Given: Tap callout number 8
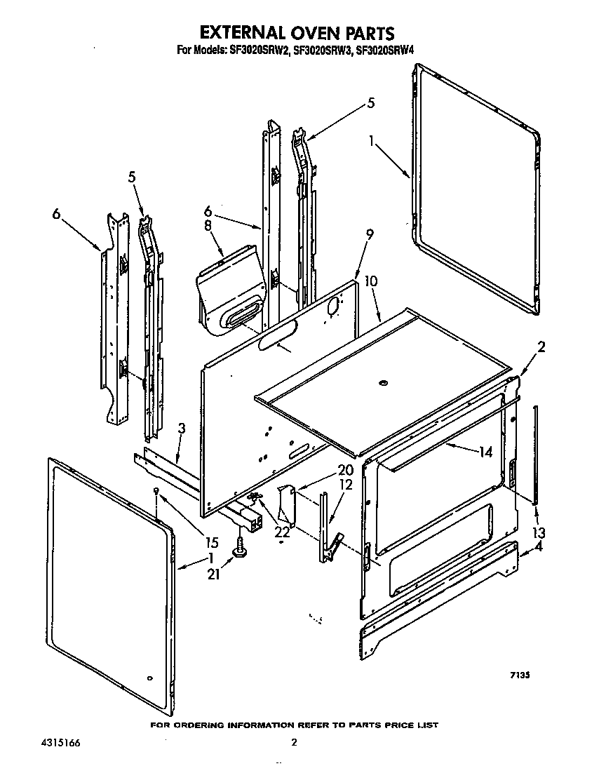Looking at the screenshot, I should pyautogui.click(x=208, y=226).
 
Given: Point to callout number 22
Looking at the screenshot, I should pyautogui.click(x=281, y=532).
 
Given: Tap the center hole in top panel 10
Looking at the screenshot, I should pyautogui.click(x=382, y=382).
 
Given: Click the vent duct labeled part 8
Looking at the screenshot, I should pyautogui.click(x=230, y=288).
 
